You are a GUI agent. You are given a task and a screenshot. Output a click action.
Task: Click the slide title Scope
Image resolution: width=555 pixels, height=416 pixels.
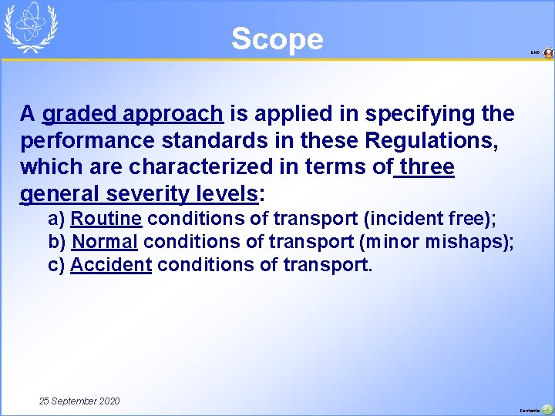click(x=277, y=39)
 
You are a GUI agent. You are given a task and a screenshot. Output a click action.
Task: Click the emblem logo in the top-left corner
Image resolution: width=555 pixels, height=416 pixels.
click(x=31, y=27)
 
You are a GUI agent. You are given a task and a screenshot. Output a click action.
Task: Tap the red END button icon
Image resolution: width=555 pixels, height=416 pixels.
click(x=548, y=53)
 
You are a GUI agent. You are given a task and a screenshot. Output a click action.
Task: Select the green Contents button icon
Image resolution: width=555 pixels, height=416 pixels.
click(x=547, y=410)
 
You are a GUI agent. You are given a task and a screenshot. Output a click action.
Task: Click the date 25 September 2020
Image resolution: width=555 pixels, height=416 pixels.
click(x=79, y=401)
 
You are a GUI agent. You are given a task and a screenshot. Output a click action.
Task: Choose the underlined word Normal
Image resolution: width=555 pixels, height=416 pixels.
click(x=105, y=241)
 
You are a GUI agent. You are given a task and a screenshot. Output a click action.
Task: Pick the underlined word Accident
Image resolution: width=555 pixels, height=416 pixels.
click(x=111, y=265)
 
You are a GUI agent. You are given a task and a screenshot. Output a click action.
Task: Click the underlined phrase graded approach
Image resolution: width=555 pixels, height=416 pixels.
click(x=133, y=114)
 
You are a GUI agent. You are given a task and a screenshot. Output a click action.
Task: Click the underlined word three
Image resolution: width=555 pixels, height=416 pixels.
click(x=426, y=167)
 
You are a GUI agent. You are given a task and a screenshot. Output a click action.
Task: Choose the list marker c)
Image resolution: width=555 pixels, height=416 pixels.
click(x=56, y=265)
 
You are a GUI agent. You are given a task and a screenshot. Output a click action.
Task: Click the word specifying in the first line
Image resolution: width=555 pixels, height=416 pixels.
click(x=423, y=114)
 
